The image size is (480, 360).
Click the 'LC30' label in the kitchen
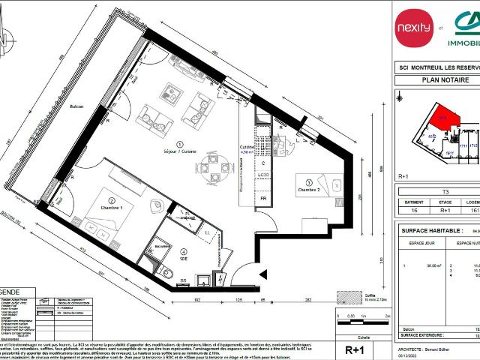click(264, 175)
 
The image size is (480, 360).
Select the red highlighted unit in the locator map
click(440, 121)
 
